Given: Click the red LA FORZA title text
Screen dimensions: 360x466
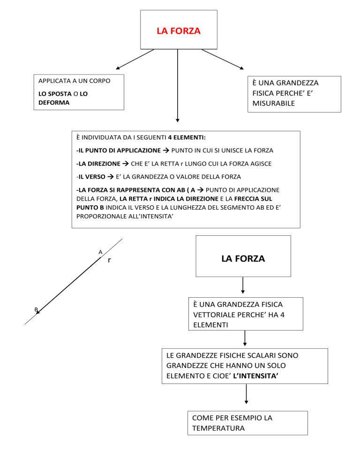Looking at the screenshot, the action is [179, 31].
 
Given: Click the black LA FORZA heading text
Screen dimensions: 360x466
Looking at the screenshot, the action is [243, 259].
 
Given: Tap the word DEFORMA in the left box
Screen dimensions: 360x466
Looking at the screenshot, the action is [54, 103].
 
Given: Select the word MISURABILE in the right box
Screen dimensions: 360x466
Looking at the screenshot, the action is [273, 104].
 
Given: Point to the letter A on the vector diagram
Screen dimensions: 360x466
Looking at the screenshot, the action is [100, 252].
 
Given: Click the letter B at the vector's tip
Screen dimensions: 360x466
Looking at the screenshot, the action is [36, 309].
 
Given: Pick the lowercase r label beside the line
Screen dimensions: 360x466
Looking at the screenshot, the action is [109, 260].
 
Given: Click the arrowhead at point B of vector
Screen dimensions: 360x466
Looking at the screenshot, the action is [38, 312].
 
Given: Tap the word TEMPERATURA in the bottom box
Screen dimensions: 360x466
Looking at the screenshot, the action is [218, 428].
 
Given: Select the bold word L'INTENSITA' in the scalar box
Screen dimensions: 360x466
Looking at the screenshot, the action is [255, 376].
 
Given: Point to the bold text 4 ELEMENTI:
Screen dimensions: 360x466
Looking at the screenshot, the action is [187, 137].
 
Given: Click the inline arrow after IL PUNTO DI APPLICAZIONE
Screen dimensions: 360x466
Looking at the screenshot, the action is [166, 150].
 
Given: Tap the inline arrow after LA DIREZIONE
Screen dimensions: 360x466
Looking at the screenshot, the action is [126, 164].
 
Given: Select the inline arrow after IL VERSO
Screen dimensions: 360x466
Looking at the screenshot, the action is [111, 177].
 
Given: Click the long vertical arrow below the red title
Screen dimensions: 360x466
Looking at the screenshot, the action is [178, 86].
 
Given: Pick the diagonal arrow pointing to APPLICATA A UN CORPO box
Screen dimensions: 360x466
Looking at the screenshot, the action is [135, 59].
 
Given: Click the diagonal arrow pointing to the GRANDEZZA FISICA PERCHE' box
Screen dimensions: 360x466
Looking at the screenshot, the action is [223, 59].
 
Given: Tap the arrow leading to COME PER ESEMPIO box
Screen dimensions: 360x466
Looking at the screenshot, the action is [246, 394].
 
